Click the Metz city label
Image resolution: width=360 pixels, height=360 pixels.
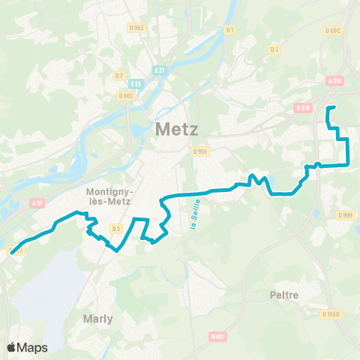(x=177, y=129)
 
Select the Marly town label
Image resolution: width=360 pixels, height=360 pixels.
(x=98, y=319)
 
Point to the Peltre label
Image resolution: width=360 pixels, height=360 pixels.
(x=284, y=295)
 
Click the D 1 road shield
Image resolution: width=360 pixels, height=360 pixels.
(x=230, y=30)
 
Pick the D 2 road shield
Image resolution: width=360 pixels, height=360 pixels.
(x=274, y=49)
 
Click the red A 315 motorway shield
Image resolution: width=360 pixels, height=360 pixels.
(x=334, y=81)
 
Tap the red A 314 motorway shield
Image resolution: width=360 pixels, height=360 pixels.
(x=303, y=108)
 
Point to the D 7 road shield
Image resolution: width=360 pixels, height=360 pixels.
(x=119, y=76)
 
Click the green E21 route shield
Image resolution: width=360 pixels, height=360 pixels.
(x=159, y=70)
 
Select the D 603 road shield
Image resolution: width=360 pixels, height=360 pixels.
(x=126, y=95)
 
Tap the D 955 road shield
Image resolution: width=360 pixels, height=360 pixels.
(x=199, y=151)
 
